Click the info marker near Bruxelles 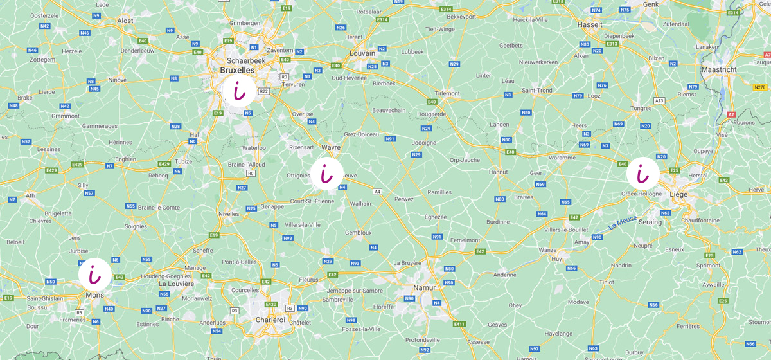pyautogui.click(x=238, y=92)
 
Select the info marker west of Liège pyautogui.click(x=642, y=174)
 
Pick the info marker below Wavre pyautogui.click(x=327, y=174)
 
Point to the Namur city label pyautogui.click(x=424, y=287)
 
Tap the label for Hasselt pyautogui.click(x=590, y=24)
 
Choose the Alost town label pyautogui.click(x=125, y=21)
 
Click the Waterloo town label pyautogui.click(x=253, y=147)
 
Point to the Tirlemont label pyautogui.click(x=447, y=93)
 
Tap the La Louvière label pyautogui.click(x=176, y=283)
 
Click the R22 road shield pyautogui.click(x=263, y=91)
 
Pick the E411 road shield pyautogui.click(x=459, y=323)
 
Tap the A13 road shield pyautogui.click(x=659, y=100)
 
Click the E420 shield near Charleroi pyautogui.click(x=270, y=304)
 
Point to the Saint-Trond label pyautogui.click(x=536, y=90)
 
